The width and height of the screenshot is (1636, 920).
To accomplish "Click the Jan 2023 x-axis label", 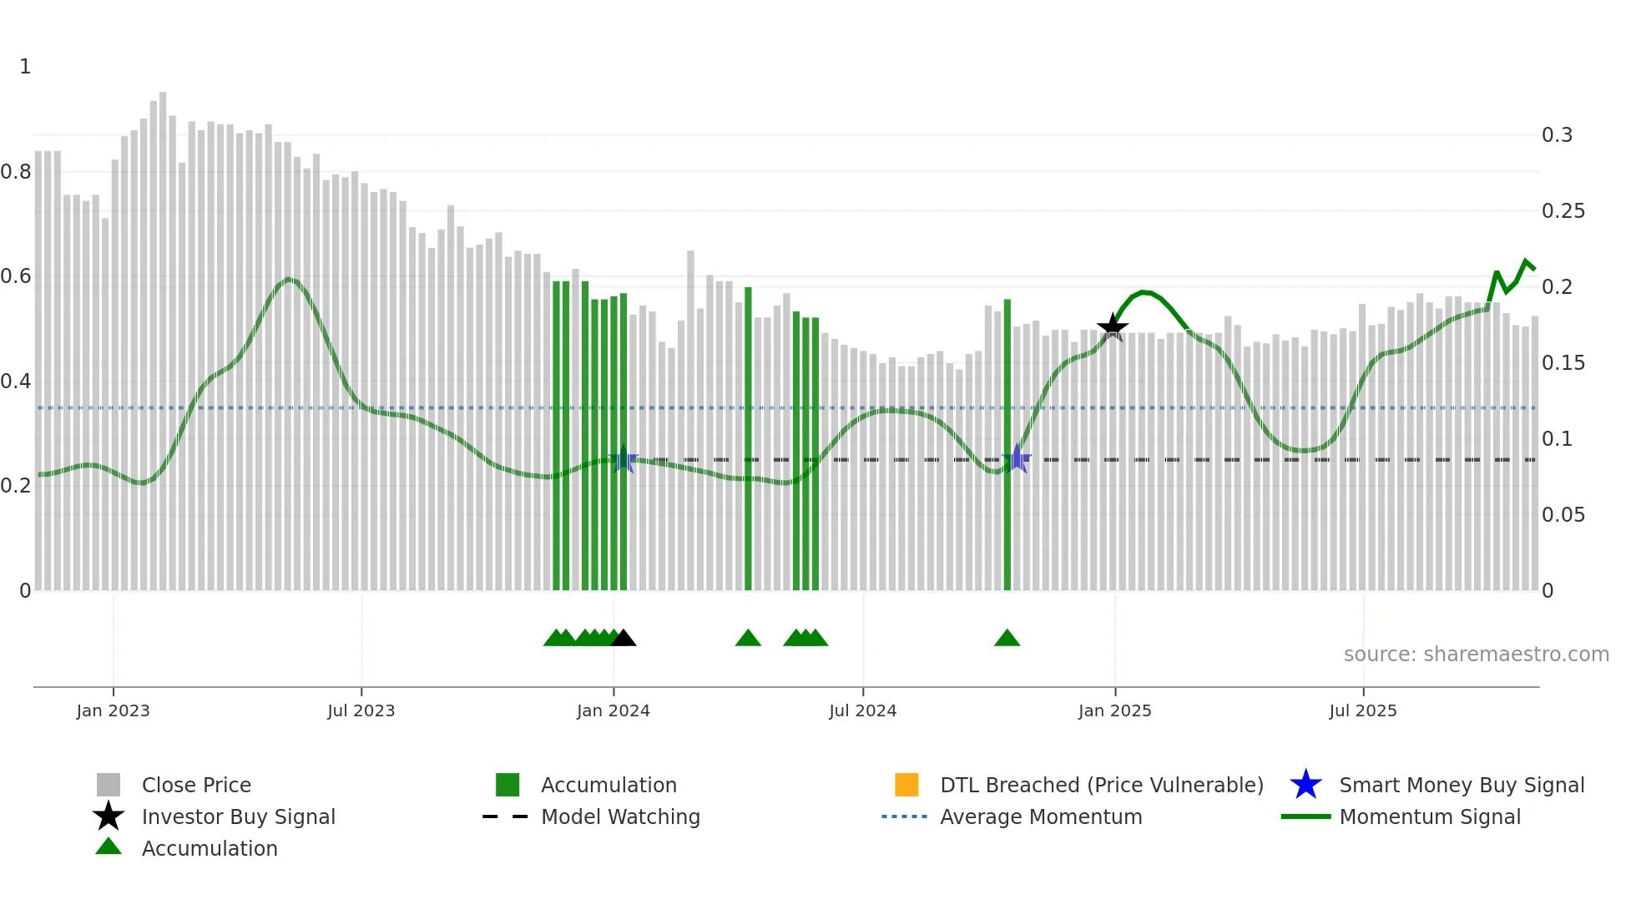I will pos(113,710).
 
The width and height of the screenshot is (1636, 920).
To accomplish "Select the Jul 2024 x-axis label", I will pos(862,710).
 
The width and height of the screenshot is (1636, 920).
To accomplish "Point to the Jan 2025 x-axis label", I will pos(1114,710).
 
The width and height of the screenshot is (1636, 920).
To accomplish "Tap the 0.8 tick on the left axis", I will pos(16,172).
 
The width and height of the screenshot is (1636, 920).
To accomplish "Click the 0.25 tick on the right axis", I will pos(1563,211).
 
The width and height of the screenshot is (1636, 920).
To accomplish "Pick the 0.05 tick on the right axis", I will pos(1563,515).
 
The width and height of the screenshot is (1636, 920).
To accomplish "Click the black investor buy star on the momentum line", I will pos(1113,327).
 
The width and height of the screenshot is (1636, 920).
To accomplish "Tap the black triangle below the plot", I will pos(624,639).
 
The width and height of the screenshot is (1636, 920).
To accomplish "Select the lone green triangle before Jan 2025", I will pos(1007,639).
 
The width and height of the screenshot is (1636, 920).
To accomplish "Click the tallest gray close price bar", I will pos(163,334).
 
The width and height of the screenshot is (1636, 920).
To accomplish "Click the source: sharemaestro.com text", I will pos(1476,655).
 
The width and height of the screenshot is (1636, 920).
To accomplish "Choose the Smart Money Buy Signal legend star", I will pos(1305,785).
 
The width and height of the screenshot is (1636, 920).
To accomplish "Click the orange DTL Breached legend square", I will pos(906,785).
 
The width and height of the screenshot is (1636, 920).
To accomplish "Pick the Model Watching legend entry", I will pos(619,816).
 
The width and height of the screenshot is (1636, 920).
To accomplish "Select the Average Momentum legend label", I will pos(1040,816).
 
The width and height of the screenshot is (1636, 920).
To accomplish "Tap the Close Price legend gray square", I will pos(109,785).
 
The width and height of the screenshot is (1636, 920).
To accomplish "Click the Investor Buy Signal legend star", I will pos(109,816).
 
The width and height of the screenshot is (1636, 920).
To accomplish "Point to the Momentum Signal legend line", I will pos(1305,816).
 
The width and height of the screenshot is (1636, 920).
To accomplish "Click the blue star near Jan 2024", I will pos(624,459).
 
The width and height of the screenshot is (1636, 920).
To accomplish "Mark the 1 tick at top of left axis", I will pos(25,67).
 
